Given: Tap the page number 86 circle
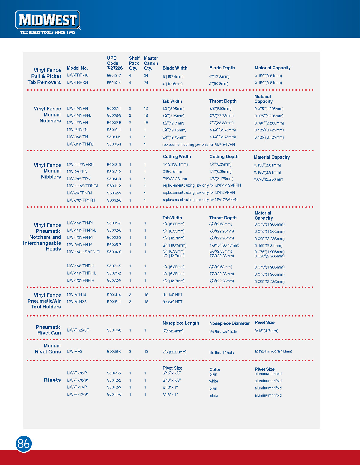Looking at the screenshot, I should point(24,444).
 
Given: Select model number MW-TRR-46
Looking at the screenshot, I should point(78,75).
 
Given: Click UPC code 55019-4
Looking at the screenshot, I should point(114,82).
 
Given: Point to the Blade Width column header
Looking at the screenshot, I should point(175,68).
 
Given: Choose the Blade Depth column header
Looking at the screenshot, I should point(222,68).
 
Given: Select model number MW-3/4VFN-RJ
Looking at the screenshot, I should point(80,144).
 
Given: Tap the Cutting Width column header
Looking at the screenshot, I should point(177,157).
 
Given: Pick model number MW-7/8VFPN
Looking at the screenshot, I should point(79,179).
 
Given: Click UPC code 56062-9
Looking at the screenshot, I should point(114,193).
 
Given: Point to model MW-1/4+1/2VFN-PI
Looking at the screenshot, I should point(84,252).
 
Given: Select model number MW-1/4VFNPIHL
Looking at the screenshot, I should point(82,273).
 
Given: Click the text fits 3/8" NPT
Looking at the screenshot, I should point(172,302).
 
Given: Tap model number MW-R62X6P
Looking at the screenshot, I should point(78,330).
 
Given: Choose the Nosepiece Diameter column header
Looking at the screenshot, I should point(229,323).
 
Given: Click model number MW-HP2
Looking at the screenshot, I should point(74,352).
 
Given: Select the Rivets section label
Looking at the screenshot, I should point(52,380).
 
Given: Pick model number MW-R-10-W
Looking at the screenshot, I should point(77,394).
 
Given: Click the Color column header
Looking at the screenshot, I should point(215,370).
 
